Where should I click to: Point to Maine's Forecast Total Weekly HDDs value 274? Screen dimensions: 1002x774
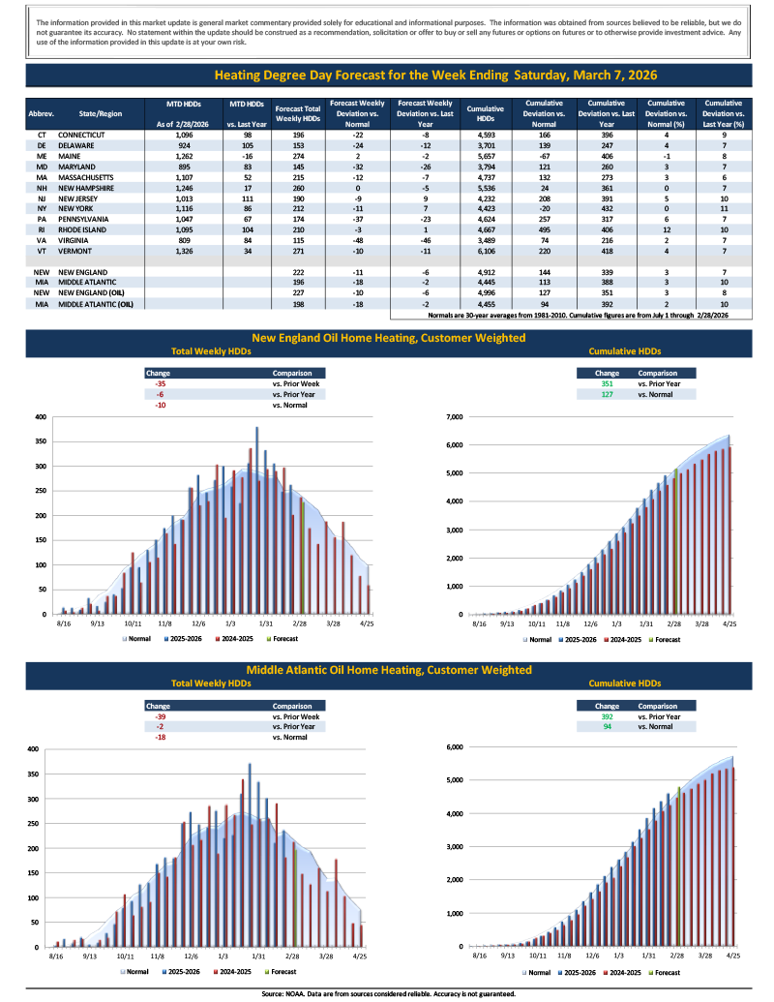pyautogui.click(x=298, y=156)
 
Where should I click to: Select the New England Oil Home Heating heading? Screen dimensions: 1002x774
pyautogui.click(x=388, y=338)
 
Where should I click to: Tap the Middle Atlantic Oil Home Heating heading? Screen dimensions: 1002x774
pyautogui.click(x=388, y=670)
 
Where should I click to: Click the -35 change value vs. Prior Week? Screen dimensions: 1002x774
pyautogui.click(x=161, y=382)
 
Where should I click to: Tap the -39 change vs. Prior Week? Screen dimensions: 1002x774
pyautogui.click(x=161, y=716)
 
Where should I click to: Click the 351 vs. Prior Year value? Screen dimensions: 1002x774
pyautogui.click(x=607, y=382)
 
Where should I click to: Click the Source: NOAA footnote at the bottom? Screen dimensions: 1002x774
pyautogui.click(x=387, y=993)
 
